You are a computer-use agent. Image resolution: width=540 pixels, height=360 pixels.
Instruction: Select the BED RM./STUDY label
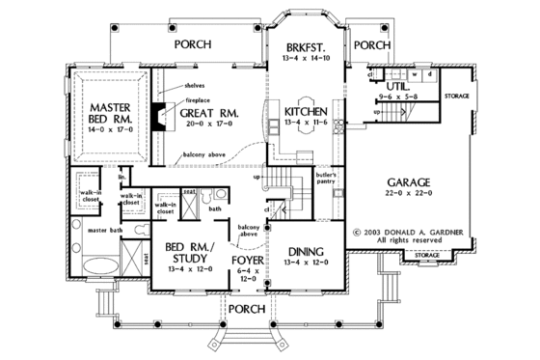(x=192, y=253)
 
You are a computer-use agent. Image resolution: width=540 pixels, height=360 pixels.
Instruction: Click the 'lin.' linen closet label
(x=122, y=177)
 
